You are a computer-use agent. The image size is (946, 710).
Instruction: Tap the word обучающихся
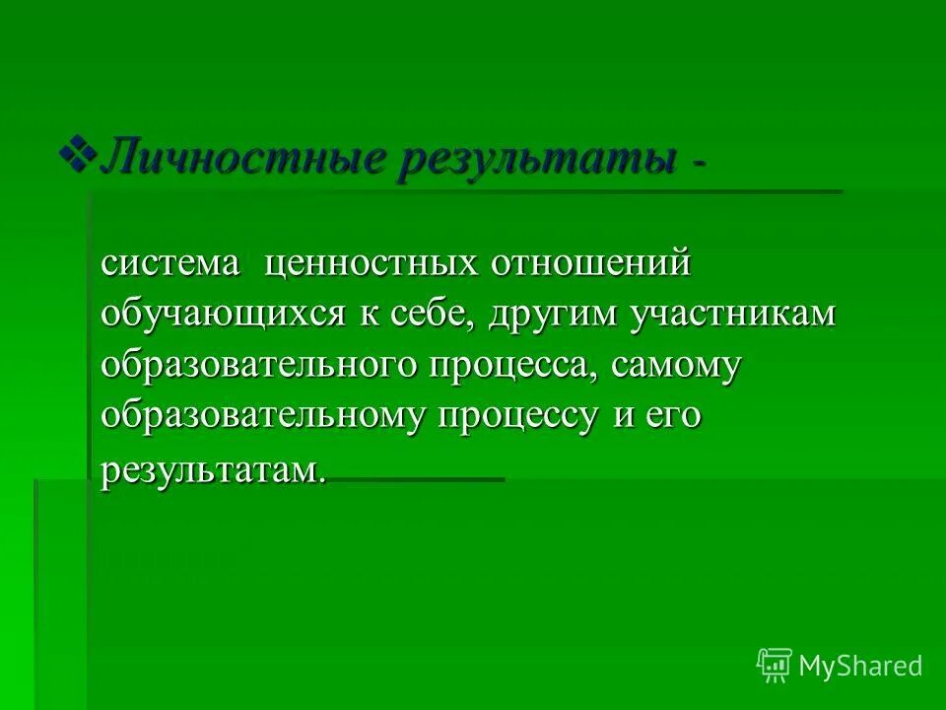coord(223,316)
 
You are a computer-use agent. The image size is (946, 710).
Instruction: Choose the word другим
coord(565,316)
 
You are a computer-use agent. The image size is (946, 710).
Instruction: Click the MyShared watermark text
coord(860,667)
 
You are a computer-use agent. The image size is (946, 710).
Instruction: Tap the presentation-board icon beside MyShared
coord(775,666)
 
